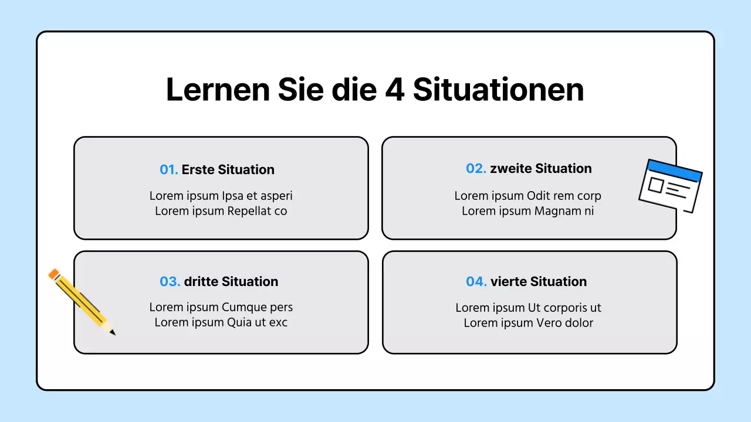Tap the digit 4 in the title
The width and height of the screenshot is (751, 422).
point(394,90)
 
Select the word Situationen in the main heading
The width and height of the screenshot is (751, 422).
point(498,90)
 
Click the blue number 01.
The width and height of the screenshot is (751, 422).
point(168,170)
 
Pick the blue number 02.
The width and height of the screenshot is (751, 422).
point(476,169)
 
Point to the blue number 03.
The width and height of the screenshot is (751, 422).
point(170,282)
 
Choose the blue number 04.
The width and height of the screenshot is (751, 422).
point(476,282)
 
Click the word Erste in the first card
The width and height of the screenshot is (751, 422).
point(198,170)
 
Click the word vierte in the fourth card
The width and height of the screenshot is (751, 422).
point(509,282)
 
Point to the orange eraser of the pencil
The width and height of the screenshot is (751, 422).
point(55,274)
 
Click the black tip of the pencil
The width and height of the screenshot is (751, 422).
point(113,333)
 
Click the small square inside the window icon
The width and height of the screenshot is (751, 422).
point(655,186)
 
